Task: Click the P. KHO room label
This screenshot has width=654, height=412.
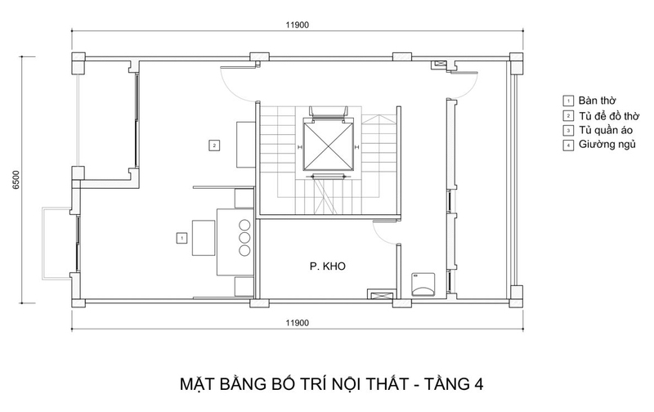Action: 328,266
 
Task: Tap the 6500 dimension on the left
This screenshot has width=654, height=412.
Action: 16,180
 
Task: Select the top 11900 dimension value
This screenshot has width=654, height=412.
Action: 298,25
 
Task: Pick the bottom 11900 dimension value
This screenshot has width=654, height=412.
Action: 298,323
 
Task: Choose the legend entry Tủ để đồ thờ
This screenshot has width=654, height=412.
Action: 609,115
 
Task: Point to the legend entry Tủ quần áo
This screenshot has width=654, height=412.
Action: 606,130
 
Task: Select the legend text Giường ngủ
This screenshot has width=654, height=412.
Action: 607,145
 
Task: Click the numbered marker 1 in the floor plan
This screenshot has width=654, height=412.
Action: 181,238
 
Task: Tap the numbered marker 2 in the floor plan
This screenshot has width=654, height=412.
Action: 214,146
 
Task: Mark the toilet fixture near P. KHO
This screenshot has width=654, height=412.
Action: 423,284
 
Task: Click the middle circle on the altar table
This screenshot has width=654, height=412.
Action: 244,238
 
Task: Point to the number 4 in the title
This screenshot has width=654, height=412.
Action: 478,384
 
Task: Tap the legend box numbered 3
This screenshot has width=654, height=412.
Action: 567,131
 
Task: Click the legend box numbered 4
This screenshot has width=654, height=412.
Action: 567,146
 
